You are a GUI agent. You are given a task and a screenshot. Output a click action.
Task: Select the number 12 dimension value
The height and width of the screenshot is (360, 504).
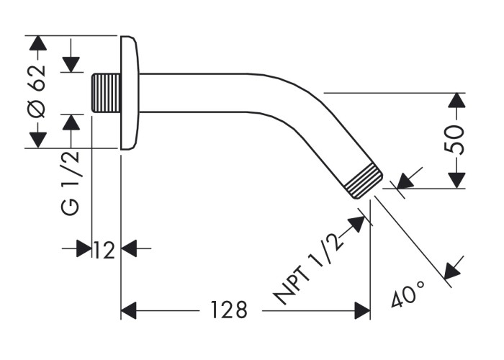[x=104, y=250]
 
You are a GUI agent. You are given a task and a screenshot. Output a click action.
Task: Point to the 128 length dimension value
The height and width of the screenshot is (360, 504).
[x=229, y=310]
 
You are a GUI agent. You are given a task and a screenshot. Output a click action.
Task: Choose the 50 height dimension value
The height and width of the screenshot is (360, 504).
[x=455, y=140]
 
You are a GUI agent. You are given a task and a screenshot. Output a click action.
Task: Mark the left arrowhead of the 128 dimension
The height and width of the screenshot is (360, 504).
[x=129, y=311]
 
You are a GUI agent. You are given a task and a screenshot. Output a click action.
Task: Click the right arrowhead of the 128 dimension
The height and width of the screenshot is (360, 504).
[x=361, y=311]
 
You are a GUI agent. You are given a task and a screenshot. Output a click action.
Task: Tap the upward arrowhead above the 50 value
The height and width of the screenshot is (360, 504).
[x=456, y=100]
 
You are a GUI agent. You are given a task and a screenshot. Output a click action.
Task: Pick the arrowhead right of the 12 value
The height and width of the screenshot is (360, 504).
[x=129, y=250]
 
